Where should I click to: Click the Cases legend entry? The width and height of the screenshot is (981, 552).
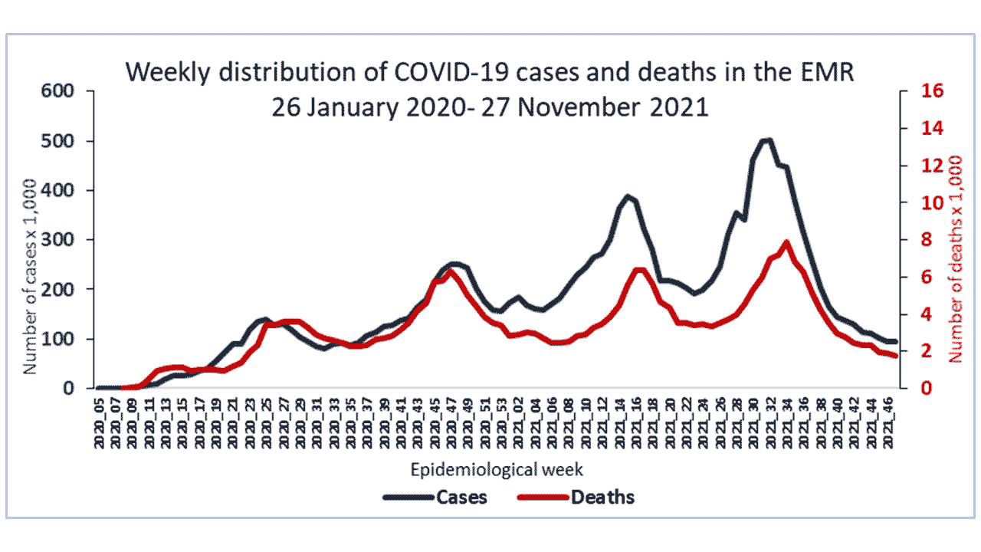(x=461, y=497)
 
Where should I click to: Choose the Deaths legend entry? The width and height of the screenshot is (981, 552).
(x=602, y=497)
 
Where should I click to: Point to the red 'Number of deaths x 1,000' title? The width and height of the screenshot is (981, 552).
(x=955, y=258)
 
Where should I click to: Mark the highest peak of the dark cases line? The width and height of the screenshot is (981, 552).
(x=766, y=140)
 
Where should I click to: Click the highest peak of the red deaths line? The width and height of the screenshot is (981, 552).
(x=786, y=243)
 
